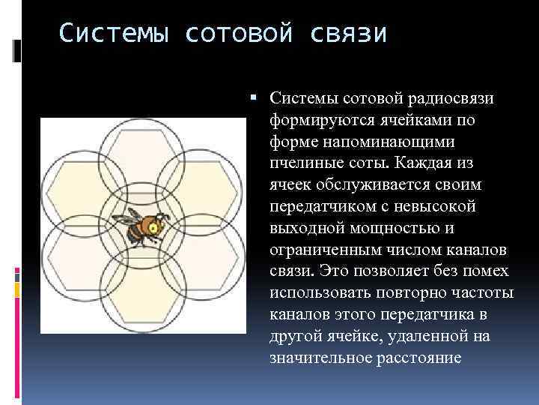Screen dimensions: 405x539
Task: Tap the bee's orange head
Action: (153, 224)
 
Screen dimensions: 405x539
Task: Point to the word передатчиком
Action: (317, 206)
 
